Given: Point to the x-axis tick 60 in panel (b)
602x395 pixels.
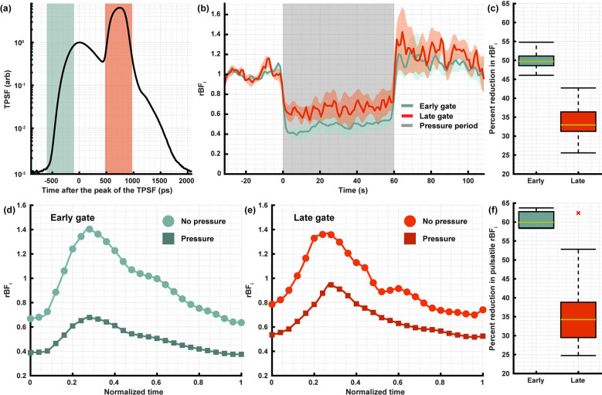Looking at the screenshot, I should (394, 179).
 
